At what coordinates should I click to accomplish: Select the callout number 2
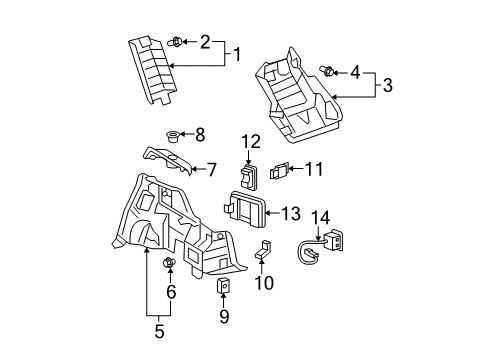pos(205,41)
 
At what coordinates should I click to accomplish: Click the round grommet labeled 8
pos(171,134)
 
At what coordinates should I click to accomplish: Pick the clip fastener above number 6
pos(169,264)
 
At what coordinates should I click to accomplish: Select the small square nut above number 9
pos(223,287)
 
